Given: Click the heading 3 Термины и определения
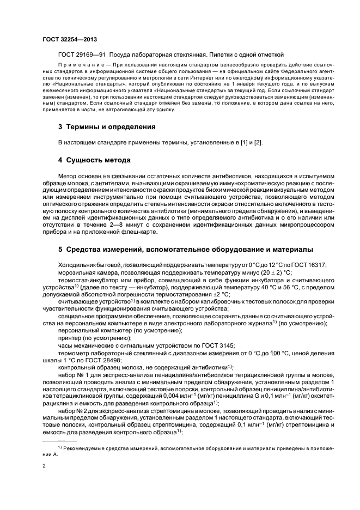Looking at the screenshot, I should coord(107,127).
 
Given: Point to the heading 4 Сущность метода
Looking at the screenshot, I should coord(94,161).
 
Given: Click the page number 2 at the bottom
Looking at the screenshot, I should coord(45,466).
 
